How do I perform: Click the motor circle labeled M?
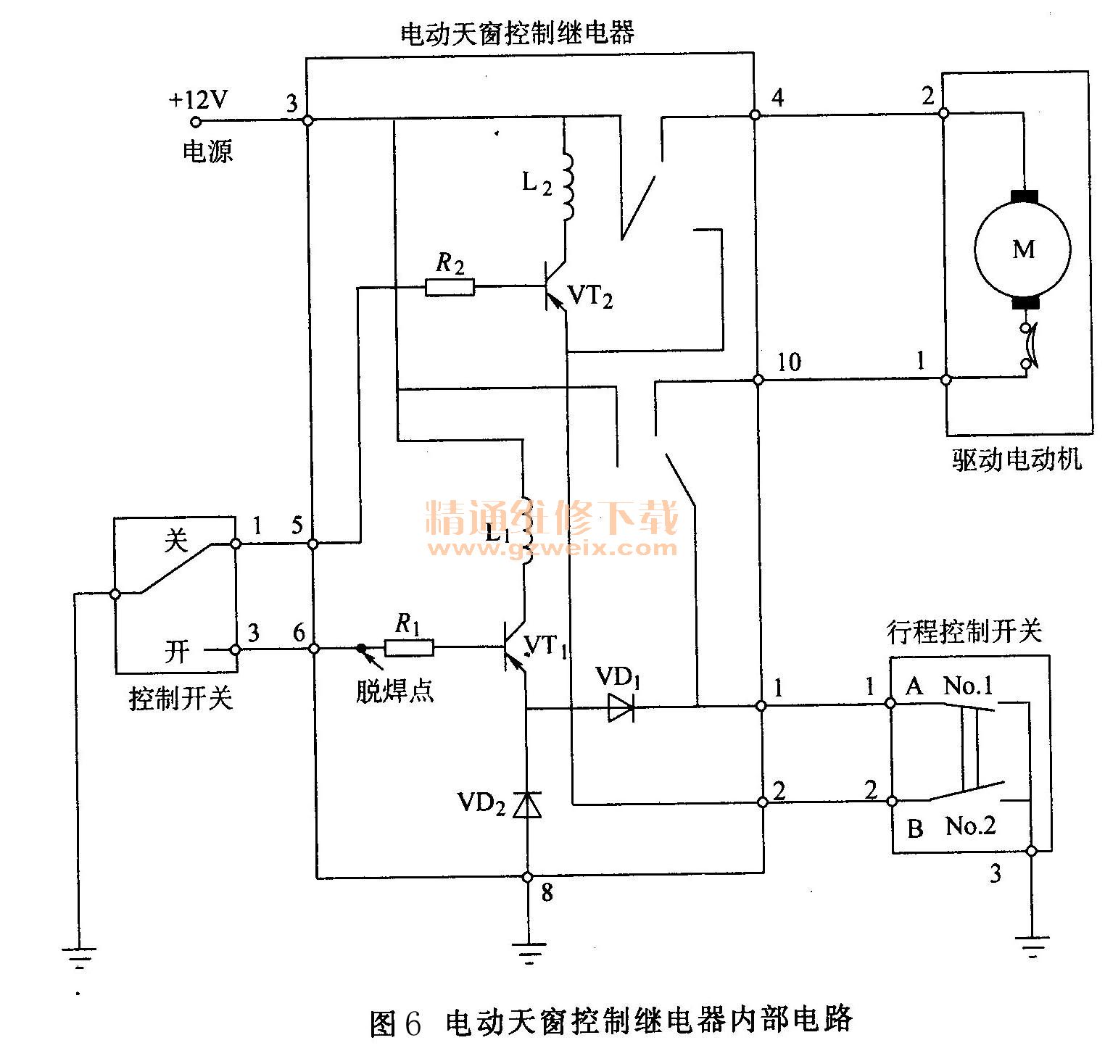tap(1022, 249)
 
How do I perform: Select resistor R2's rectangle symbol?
tap(450, 288)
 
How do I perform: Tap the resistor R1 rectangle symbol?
tap(409, 647)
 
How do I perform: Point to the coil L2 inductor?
tap(566, 186)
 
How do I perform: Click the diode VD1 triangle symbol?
tap(621, 707)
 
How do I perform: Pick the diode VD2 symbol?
tap(527, 805)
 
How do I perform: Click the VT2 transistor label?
tap(590, 297)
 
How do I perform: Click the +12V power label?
tap(198, 99)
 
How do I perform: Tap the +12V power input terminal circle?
tap(194, 122)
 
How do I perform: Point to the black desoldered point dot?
tap(360, 648)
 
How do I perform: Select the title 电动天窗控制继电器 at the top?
tap(518, 33)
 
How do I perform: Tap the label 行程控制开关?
tap(965, 631)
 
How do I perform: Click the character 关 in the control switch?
tap(175, 541)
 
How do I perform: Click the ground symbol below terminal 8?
tap(529, 950)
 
